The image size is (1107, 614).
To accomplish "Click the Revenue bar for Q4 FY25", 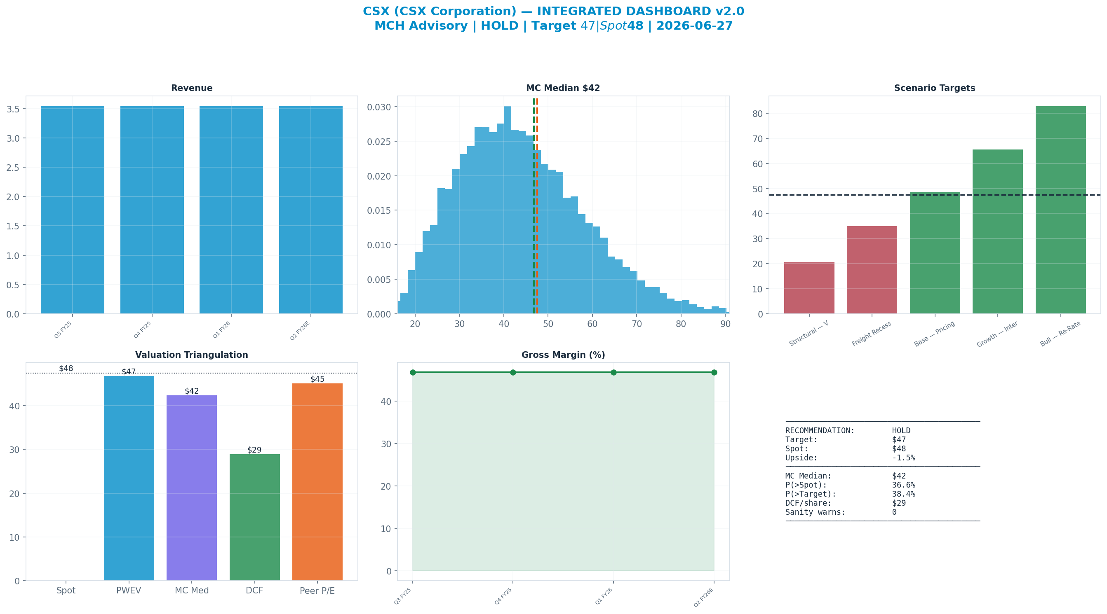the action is (x=152, y=210).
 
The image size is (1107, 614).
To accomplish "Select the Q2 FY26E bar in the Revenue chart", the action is (x=311, y=210).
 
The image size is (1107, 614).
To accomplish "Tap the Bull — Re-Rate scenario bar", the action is (x=1060, y=210).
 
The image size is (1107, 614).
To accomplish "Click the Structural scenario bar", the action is (x=809, y=288).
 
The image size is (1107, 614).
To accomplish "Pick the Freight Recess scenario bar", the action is (x=872, y=270).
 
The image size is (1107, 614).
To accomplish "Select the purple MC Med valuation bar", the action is (x=192, y=488).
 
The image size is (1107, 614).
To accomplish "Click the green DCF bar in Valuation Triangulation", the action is (x=254, y=517).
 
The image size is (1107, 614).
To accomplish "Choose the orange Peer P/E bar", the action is (x=317, y=482).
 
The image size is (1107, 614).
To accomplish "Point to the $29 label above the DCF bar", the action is (x=254, y=450).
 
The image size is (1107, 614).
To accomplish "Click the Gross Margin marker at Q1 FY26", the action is (x=613, y=372).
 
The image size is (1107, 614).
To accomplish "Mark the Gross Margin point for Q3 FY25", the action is (x=413, y=372).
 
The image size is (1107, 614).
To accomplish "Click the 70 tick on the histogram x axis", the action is (x=637, y=324).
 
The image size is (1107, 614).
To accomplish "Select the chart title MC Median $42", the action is (x=563, y=88).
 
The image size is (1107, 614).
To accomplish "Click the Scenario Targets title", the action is (x=935, y=88).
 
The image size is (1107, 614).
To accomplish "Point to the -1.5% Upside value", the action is (x=904, y=458).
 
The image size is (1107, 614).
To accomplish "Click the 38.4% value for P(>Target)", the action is (x=904, y=494).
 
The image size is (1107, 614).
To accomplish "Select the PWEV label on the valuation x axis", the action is (x=129, y=591).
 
